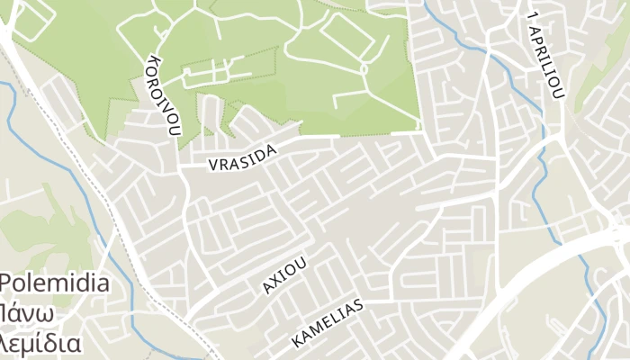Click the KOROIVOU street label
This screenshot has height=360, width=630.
coord(165,94)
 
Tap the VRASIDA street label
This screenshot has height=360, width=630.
coord(242,159)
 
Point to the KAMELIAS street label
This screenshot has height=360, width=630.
coord(327,324)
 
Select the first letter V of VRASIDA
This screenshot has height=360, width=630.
coord(213,166)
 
